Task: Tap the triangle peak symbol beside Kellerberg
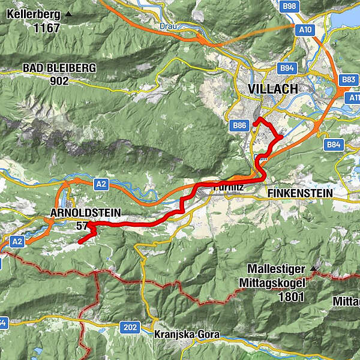pyautogui.click(x=68, y=14)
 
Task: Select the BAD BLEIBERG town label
pyautogui.click(x=59, y=68)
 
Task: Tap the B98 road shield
pyautogui.click(x=289, y=6)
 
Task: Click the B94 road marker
pyautogui.click(x=287, y=68)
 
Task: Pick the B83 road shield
pyautogui.click(x=349, y=79)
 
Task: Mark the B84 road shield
pyautogui.click(x=334, y=145)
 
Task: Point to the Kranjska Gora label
pyautogui.click(x=178, y=334)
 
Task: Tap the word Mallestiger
pyautogui.click(x=281, y=269)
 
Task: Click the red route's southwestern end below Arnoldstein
pyautogui.click(x=79, y=242)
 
